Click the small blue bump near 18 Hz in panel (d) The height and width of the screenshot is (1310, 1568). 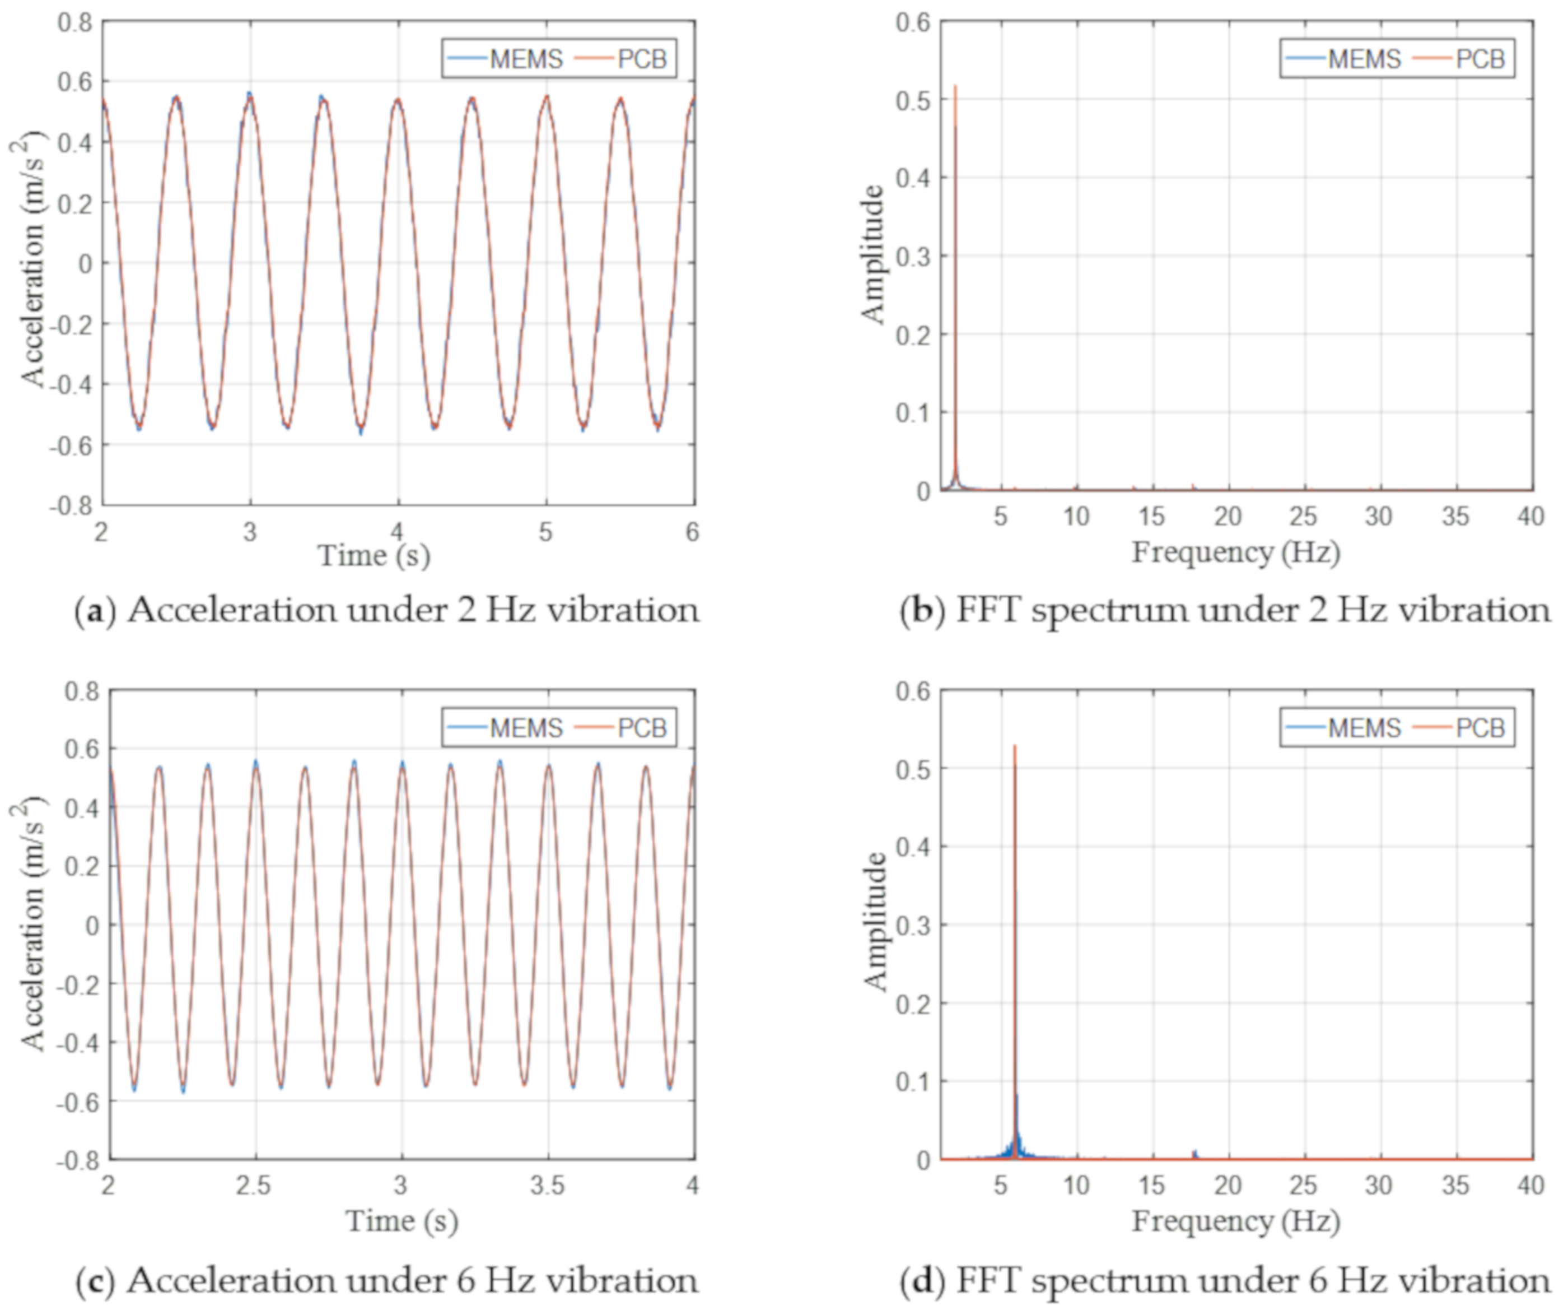pos(1194,1153)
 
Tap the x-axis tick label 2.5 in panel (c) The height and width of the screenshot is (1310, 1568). pos(254,1185)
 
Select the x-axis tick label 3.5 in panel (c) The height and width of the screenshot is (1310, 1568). pos(547,1185)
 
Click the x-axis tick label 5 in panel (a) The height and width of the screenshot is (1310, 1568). pos(546,532)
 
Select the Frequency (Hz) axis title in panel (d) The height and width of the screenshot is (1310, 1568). pos(1236,1221)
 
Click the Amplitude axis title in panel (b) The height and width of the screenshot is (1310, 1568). pos(872,254)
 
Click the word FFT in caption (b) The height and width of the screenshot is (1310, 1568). pos(987,610)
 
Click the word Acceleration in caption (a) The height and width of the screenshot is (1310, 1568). pos(232,610)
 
